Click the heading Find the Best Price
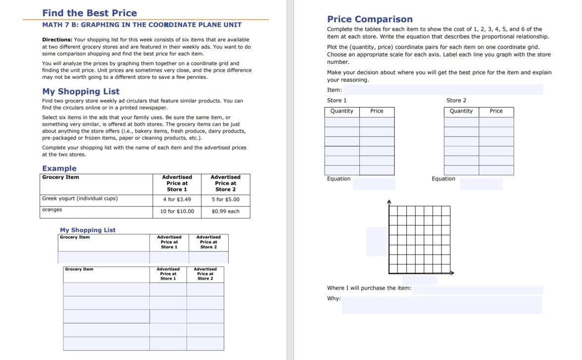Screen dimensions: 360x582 (90, 13)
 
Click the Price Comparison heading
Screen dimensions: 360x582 (370, 19)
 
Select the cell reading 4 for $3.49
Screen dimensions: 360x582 (177, 200)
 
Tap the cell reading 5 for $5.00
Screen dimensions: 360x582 (225, 200)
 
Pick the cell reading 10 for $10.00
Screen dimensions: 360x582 (177, 211)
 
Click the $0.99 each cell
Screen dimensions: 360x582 (225, 211)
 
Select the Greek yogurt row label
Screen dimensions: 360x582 (80, 199)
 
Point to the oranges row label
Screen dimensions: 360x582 (51, 210)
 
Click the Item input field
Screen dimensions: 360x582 (443, 90)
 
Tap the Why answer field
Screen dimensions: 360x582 (441, 305)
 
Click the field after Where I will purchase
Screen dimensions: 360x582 (477, 290)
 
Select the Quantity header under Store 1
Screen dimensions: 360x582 (341, 111)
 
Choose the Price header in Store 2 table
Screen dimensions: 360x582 (496, 111)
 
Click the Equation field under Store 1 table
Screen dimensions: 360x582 (374, 184)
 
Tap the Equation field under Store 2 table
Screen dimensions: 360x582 (481, 184)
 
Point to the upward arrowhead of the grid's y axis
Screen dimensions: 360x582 (389, 202)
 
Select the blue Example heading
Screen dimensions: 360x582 (59, 168)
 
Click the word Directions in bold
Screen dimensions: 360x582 (57, 40)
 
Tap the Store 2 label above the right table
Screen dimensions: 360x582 (456, 101)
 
